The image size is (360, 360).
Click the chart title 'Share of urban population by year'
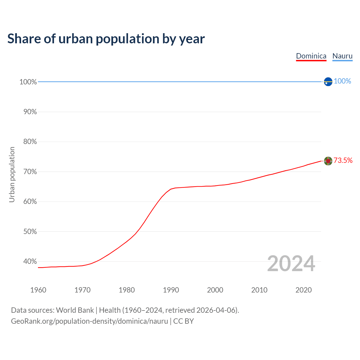click(106, 39)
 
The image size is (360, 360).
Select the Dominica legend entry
click(311, 56)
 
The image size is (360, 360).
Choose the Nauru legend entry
click(342, 56)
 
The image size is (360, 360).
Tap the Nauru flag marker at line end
click(328, 82)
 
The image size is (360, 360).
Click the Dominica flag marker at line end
click(328, 161)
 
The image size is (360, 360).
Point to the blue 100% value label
click(342, 81)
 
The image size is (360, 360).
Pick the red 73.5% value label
click(343, 160)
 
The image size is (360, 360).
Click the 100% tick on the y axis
click(28, 82)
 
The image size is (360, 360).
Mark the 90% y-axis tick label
click(30, 112)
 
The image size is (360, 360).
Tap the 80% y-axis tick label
click(30, 142)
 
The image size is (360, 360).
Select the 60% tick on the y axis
click(30, 202)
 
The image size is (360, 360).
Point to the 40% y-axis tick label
click(30, 262)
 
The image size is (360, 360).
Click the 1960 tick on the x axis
click(38, 290)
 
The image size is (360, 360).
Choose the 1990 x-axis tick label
click(171, 290)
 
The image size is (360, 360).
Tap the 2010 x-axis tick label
click(259, 290)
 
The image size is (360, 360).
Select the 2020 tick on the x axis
click(303, 290)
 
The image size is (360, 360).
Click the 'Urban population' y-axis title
click(12, 174)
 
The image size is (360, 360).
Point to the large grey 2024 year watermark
click(291, 264)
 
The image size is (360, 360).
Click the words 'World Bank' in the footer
click(75, 310)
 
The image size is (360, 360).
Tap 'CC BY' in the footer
click(183, 321)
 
